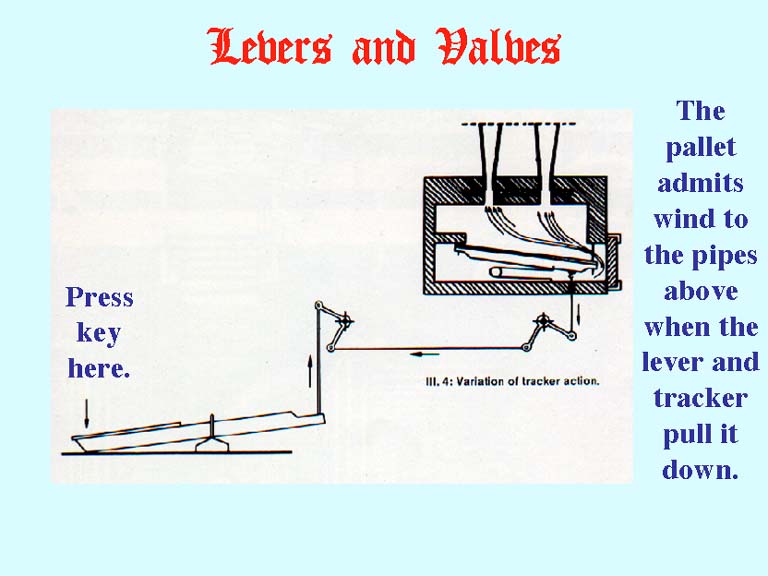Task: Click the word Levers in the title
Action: (x=270, y=47)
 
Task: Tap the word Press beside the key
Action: (x=99, y=297)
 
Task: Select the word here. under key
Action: (x=99, y=368)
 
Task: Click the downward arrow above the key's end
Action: (x=87, y=413)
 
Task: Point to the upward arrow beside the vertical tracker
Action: (x=310, y=371)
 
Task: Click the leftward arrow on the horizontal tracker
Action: (x=424, y=354)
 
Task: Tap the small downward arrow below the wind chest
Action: (x=578, y=313)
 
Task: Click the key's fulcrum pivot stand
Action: (x=212, y=437)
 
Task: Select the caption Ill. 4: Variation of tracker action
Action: (x=512, y=381)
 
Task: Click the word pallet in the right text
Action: (x=701, y=147)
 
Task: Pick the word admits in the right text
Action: (x=701, y=183)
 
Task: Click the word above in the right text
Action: (x=701, y=291)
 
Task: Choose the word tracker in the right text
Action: (x=700, y=398)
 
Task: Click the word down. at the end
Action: (x=700, y=470)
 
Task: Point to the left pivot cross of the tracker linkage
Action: (x=345, y=322)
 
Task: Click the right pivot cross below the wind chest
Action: (x=543, y=322)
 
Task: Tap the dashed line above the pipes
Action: (x=519, y=124)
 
